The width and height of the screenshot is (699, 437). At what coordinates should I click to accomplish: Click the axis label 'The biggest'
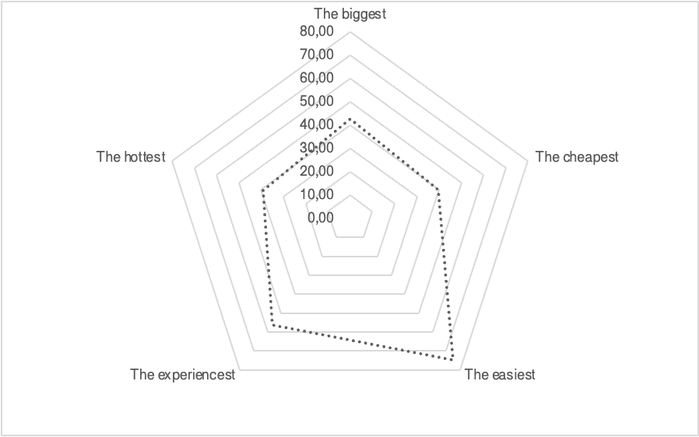click(349, 13)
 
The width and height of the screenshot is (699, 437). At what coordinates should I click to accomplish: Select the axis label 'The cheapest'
click(577, 157)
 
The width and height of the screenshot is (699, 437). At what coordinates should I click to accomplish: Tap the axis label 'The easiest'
click(500, 375)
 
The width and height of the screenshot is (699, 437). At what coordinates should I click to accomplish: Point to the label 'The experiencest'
click(183, 375)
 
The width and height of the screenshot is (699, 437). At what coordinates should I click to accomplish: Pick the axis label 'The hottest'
click(132, 157)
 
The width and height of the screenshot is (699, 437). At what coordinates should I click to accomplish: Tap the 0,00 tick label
click(320, 218)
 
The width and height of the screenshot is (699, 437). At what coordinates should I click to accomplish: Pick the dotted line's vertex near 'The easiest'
click(452, 359)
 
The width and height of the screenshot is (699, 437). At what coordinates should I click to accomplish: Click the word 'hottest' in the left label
click(143, 157)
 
